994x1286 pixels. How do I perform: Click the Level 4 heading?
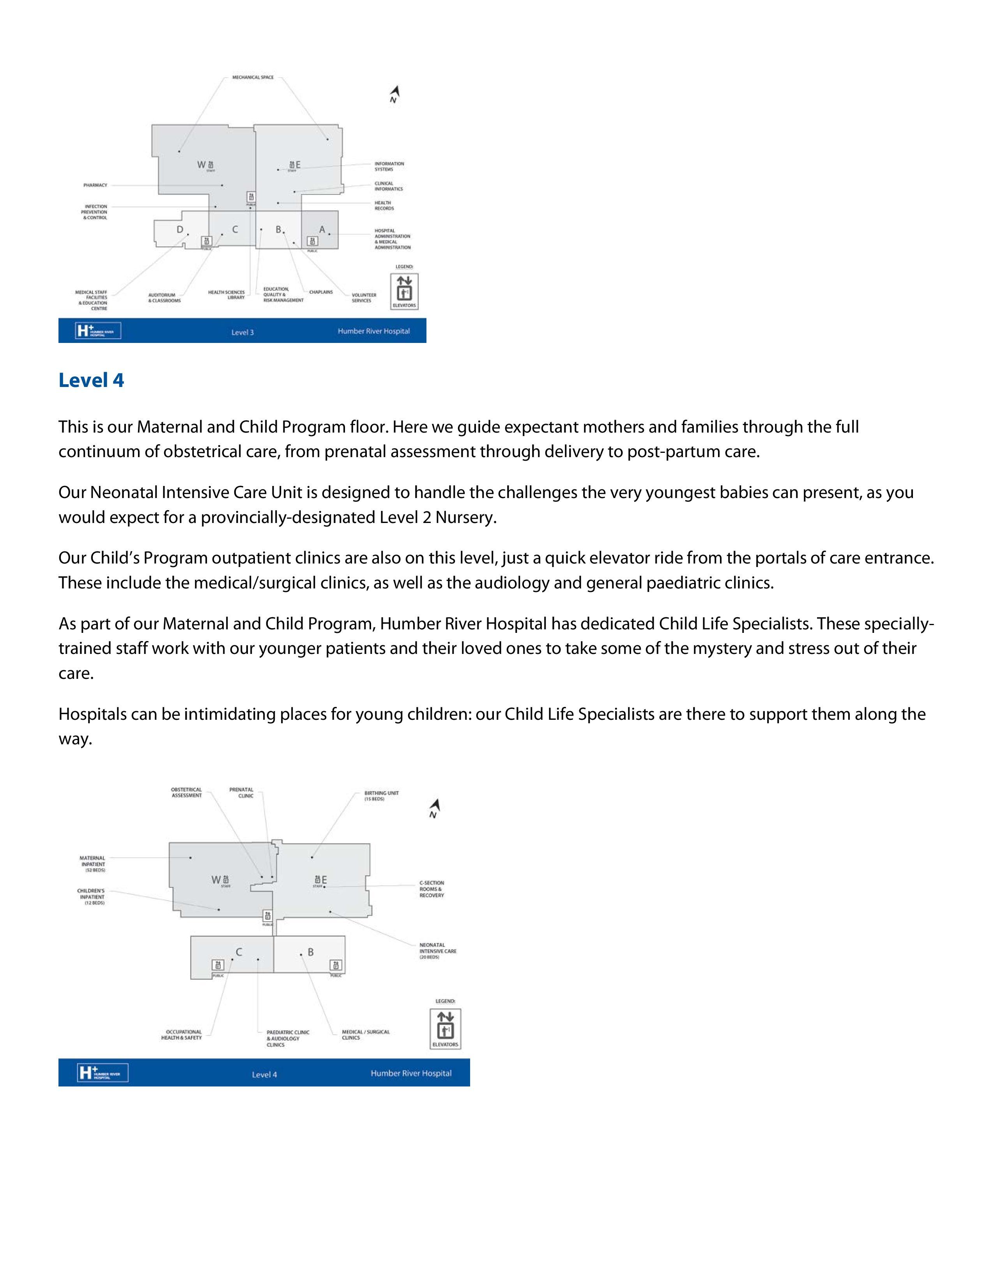pyautogui.click(x=91, y=380)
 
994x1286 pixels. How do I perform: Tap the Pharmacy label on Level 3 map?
pyautogui.click(x=96, y=185)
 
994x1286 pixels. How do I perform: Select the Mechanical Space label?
pyautogui.click(x=253, y=78)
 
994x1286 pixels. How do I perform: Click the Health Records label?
pyautogui.click(x=384, y=205)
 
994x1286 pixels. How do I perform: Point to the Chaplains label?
pyautogui.click(x=321, y=292)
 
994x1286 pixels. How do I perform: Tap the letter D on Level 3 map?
pyautogui.click(x=180, y=230)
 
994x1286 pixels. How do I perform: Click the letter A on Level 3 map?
pyautogui.click(x=322, y=230)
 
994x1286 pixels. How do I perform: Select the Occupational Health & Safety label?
pyautogui.click(x=181, y=1035)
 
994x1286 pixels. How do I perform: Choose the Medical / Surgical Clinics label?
pyautogui.click(x=365, y=1035)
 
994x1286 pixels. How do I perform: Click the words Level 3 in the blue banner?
pyautogui.click(x=242, y=333)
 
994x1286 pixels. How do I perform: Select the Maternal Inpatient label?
pyautogui.click(x=92, y=864)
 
